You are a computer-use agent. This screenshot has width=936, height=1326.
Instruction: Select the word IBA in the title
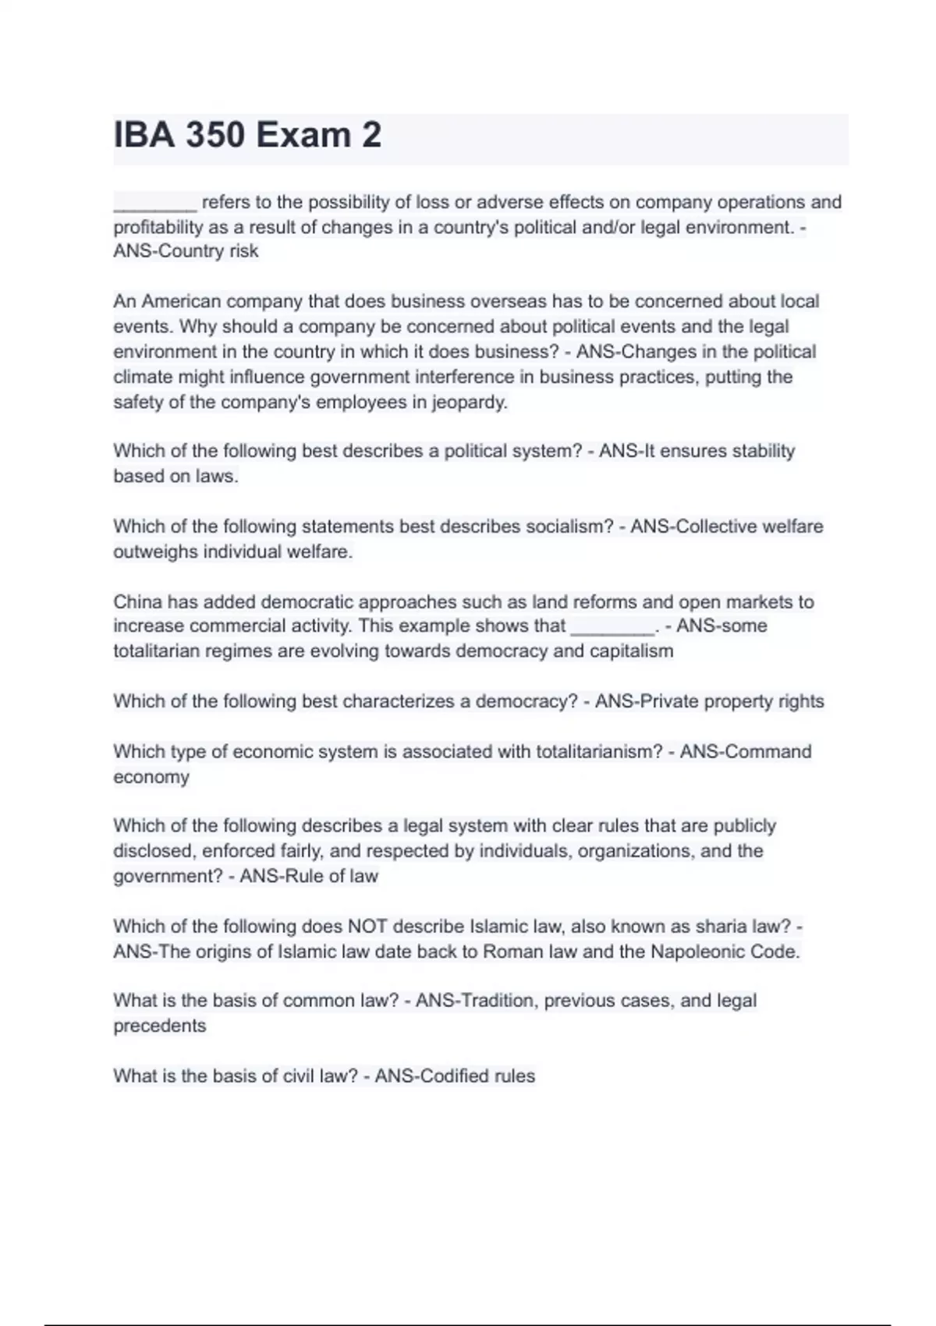pos(144,136)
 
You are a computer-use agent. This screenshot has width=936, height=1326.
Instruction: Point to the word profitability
pos(158,228)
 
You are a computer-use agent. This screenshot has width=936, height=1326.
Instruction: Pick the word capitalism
pos(634,651)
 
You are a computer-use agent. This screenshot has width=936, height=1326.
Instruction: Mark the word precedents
pos(159,1026)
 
